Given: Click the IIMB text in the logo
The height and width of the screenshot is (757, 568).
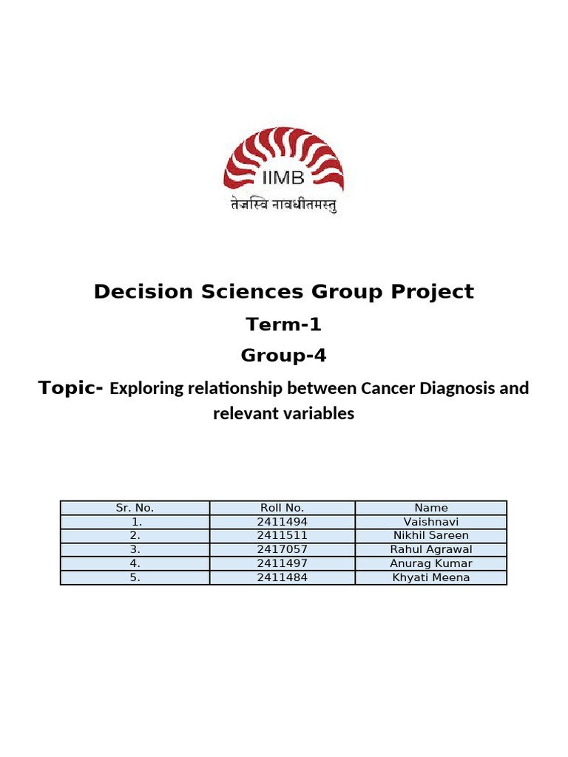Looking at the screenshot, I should tap(284, 178).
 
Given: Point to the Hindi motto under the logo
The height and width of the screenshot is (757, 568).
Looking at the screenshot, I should tap(283, 206).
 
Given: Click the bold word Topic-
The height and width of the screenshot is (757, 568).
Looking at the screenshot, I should tap(71, 388).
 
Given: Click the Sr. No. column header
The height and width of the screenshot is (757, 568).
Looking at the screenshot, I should tap(135, 508).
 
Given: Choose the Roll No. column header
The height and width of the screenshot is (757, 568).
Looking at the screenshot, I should tap(282, 508).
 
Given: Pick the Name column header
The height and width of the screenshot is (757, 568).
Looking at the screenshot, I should tap(431, 508).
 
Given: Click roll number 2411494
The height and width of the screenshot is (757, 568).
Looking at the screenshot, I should tap(282, 522).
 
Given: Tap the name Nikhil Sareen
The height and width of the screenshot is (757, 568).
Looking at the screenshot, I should tap(431, 535).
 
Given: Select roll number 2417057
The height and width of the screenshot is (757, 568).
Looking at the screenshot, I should tap(282, 549).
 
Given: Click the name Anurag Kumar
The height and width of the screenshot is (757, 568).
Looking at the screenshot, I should tap(431, 563).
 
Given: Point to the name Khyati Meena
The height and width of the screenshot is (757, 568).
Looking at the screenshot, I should tap(431, 577).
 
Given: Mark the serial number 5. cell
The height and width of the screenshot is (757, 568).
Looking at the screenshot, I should tap(135, 577).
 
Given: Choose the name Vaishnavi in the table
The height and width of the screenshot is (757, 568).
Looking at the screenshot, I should tap(431, 522).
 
